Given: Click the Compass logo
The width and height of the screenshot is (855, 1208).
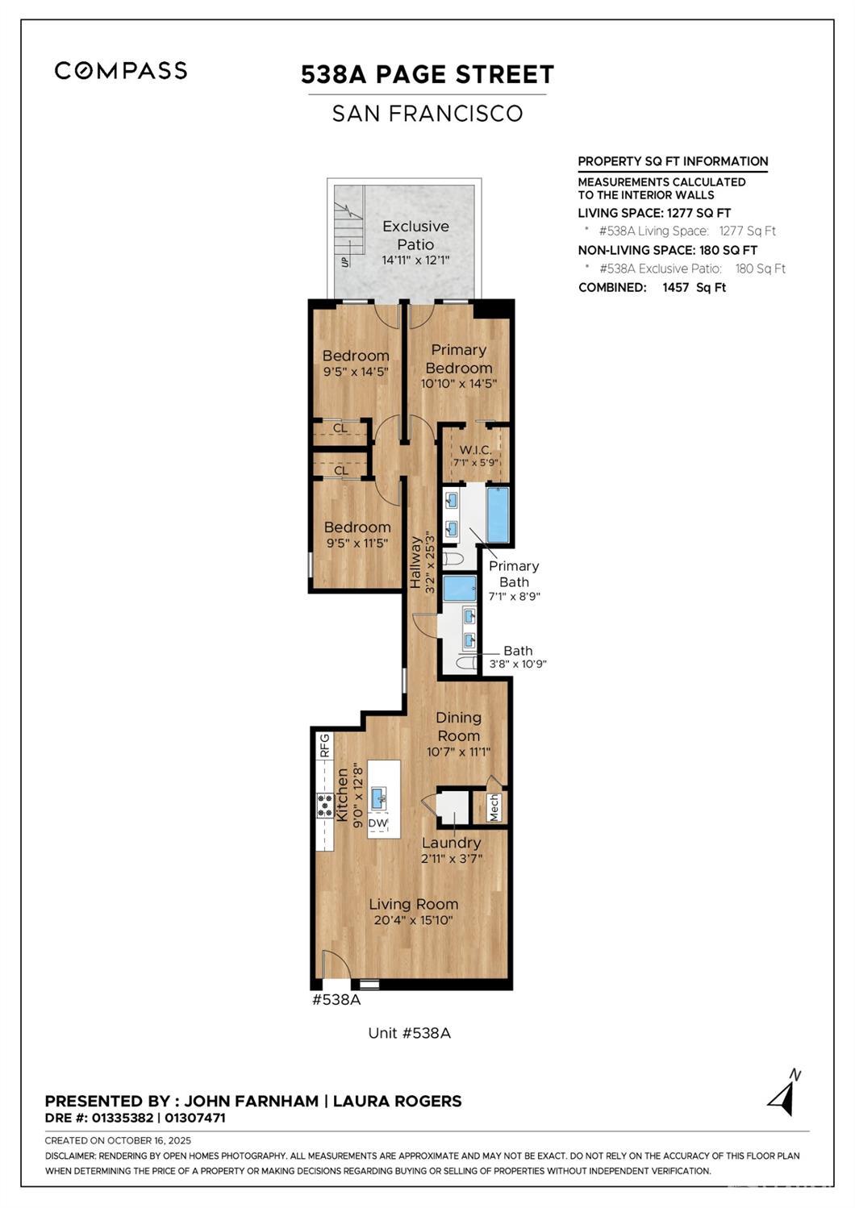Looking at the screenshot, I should click(x=121, y=71).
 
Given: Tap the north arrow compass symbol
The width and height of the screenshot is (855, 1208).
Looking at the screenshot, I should click(x=784, y=1094).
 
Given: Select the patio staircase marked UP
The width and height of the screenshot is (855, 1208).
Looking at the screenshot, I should click(x=348, y=234).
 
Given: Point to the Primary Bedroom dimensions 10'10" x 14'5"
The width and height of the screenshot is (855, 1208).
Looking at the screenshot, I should click(x=458, y=385).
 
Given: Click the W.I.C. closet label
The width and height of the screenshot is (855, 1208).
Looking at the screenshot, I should click(x=475, y=450).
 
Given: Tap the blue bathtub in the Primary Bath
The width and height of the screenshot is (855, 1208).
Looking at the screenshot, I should click(x=498, y=515).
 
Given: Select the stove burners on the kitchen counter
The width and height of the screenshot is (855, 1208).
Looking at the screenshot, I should click(x=325, y=806).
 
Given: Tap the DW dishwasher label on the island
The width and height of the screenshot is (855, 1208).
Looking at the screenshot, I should click(x=377, y=823).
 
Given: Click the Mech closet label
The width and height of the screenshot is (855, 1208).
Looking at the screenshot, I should click(x=494, y=807).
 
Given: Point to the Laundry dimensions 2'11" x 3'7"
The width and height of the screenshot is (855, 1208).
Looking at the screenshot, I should click(x=452, y=859).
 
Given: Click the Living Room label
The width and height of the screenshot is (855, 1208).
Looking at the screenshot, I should click(x=413, y=905).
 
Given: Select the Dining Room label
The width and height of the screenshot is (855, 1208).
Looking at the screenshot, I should click(x=458, y=727).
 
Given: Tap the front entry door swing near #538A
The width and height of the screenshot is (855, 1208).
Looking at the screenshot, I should click(x=334, y=965).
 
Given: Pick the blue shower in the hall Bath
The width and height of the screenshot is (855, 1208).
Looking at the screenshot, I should click(x=460, y=588).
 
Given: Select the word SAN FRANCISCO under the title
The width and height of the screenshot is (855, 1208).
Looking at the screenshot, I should click(x=427, y=114).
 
